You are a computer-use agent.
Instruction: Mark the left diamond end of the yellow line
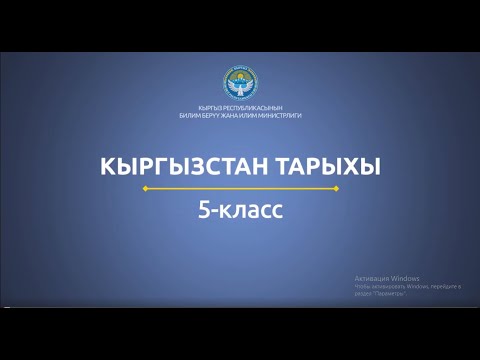pos(145,188)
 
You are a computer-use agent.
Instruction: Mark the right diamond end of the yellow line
pos(335,188)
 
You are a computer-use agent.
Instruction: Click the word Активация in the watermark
pos(371,278)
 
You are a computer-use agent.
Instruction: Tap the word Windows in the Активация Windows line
pos(405,278)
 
